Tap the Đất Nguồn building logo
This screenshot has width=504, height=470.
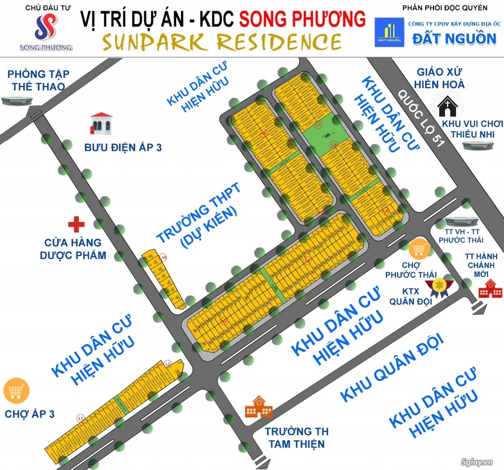[388, 33]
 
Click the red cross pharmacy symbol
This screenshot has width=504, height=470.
[76, 224]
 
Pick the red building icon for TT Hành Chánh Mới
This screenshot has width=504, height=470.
[490, 288]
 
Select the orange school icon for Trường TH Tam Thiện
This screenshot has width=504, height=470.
[258, 406]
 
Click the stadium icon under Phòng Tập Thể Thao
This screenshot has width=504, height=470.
[17, 101]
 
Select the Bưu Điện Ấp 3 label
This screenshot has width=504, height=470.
[123, 147]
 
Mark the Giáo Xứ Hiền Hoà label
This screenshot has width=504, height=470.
[439, 77]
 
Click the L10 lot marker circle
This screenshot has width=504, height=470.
[163, 257]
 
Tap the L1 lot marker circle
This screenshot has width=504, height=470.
[80, 418]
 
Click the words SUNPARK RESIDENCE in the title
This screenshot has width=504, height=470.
[221, 42]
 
